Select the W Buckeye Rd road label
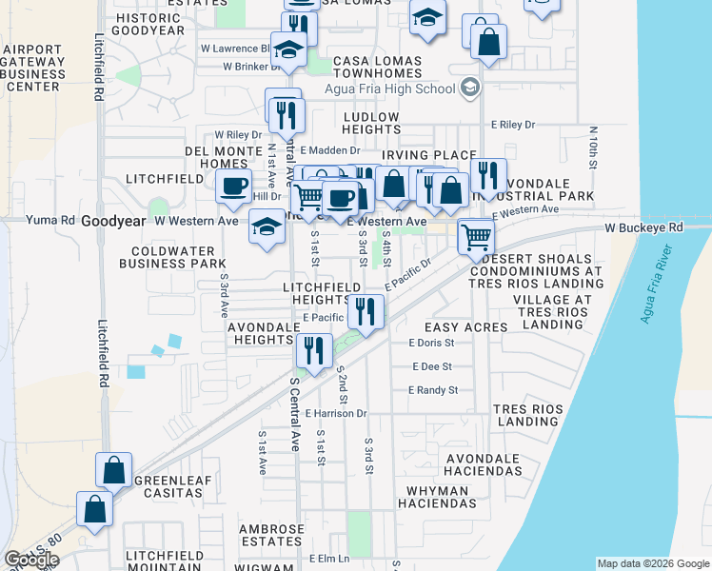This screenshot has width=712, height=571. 644,228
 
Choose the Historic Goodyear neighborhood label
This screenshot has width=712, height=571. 147,24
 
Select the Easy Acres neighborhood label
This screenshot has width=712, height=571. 447,326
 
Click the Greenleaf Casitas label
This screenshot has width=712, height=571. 173,487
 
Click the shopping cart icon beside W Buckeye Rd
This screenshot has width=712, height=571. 475,235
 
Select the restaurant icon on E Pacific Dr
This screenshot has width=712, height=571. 366,309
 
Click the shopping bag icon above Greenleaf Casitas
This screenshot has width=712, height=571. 113,469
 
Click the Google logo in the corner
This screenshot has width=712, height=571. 32,560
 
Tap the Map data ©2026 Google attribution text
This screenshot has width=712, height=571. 652,563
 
